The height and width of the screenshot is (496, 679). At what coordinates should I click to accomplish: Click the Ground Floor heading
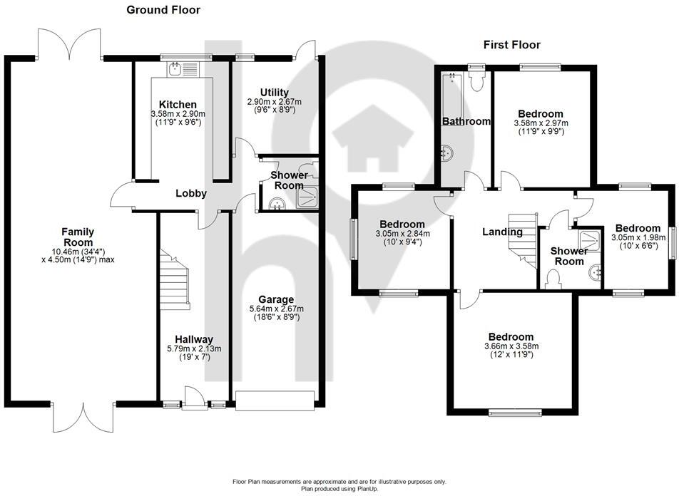coord(163,10)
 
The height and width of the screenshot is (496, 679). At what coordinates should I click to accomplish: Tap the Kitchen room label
coord(178,105)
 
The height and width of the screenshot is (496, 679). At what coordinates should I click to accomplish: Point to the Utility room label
coord(274,93)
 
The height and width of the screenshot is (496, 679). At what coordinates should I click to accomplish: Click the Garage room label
coord(275,299)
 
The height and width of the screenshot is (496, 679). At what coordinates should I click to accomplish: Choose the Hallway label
coord(194,339)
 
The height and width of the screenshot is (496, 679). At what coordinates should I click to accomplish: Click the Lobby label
coord(191,193)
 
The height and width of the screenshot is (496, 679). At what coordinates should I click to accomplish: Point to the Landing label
coord(502,232)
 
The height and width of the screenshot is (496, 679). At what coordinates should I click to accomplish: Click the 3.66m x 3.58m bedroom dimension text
coord(511,346)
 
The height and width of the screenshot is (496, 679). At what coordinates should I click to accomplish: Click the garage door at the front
coord(275,401)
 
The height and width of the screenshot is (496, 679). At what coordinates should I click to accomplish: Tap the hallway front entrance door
coord(192,399)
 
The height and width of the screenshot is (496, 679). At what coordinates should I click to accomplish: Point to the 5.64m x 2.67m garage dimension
coord(275,309)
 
